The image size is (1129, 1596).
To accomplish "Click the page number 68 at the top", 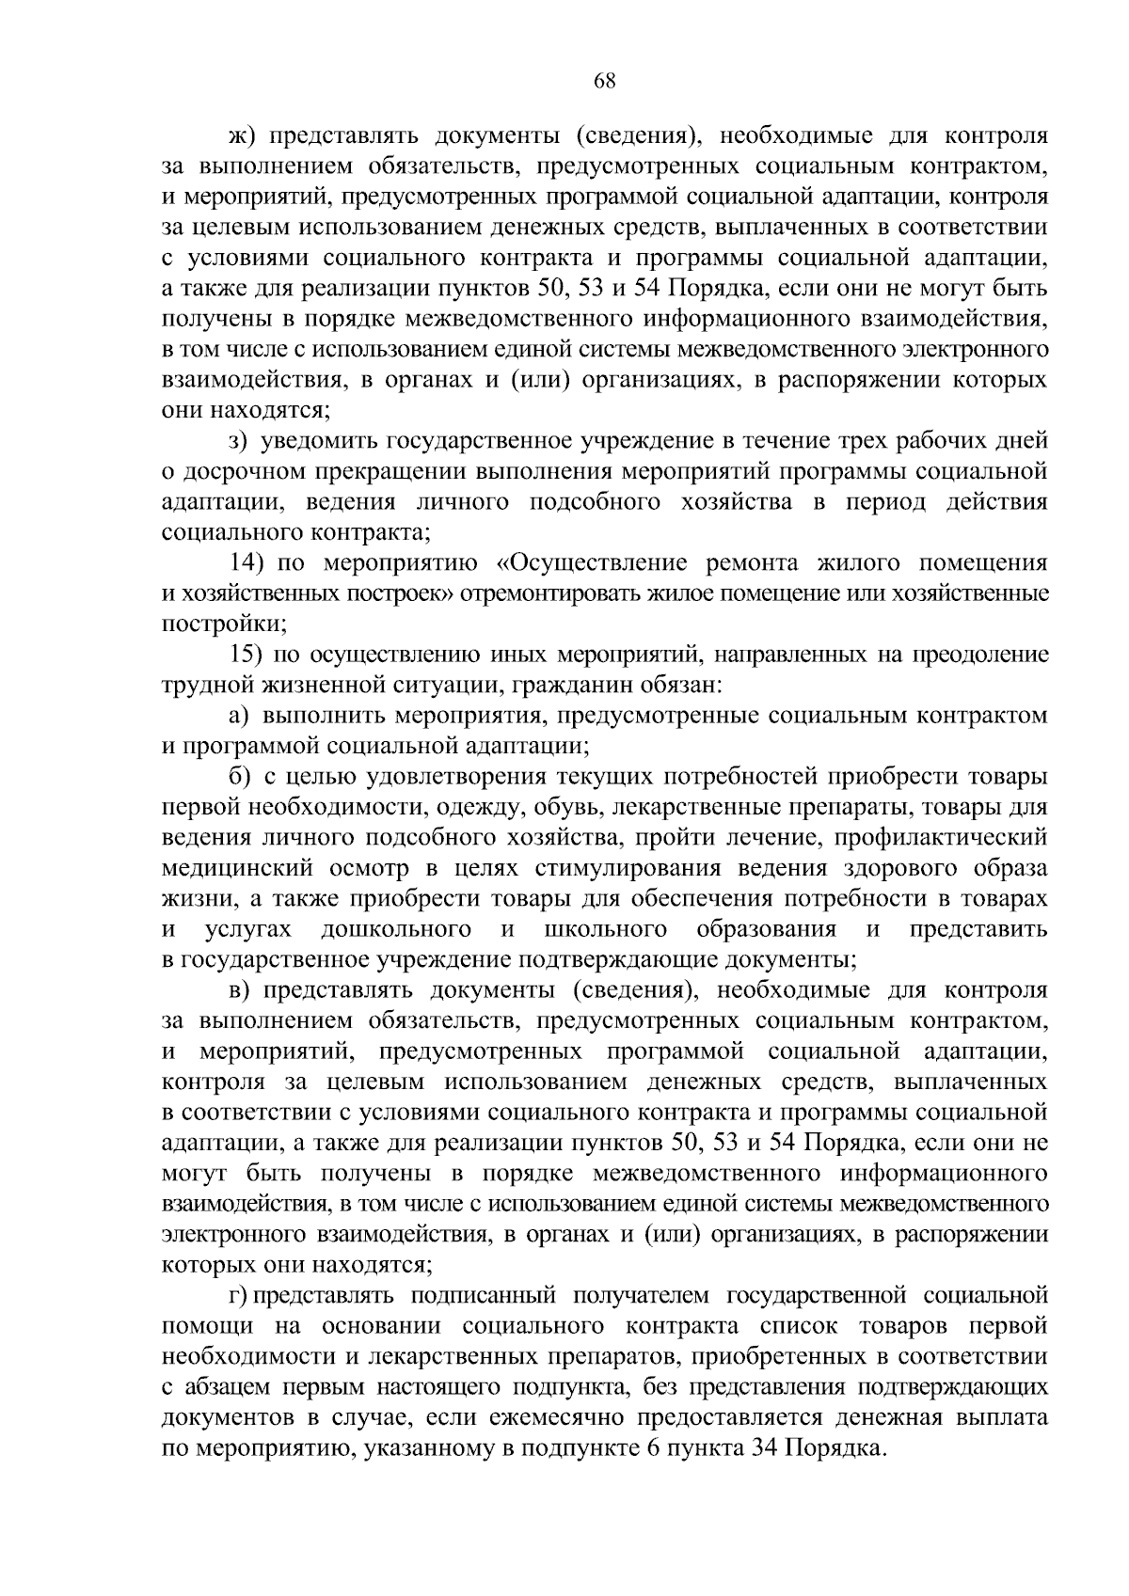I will click(x=604, y=81).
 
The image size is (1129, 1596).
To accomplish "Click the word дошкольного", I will click(x=396, y=929).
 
